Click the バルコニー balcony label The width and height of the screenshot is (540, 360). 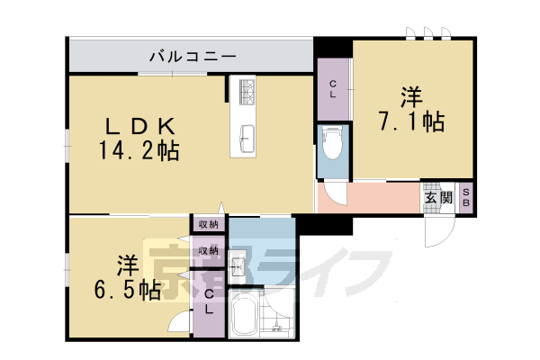tap(192, 57)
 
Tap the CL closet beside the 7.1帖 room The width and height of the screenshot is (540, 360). tap(333, 89)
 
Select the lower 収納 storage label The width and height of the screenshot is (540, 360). tap(208, 250)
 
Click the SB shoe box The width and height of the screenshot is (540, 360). tap(466, 198)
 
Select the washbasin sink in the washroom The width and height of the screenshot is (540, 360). tap(238, 266)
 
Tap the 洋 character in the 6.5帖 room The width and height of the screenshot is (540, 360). tap(126, 264)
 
